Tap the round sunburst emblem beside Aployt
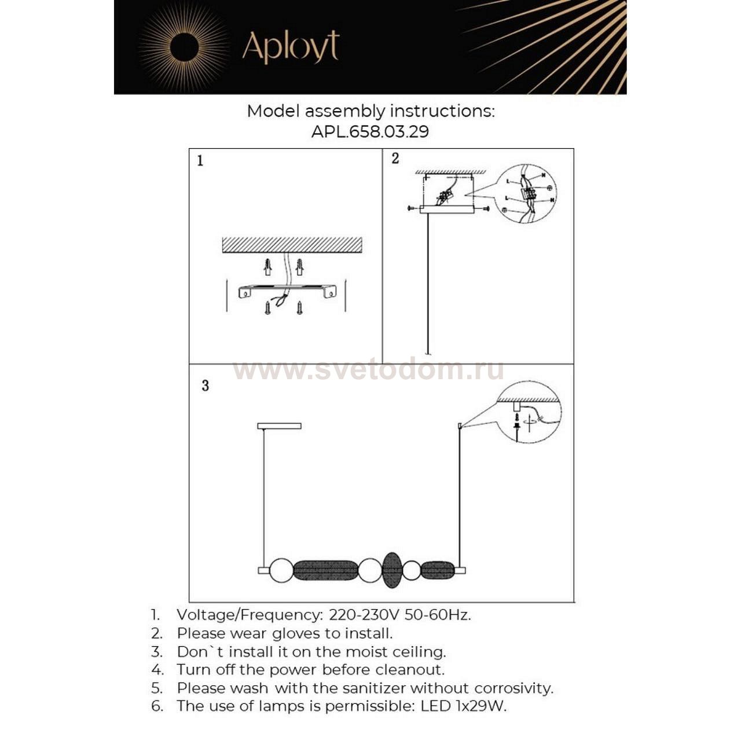184,46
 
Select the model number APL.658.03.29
370,131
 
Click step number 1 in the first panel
200,160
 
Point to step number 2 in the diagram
395,159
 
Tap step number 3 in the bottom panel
205,386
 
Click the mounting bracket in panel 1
287,291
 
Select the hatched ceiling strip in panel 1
292,245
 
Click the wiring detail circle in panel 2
526,193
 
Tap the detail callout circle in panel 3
528,412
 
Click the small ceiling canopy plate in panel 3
279,426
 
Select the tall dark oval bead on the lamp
392,570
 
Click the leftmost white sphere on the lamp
281,570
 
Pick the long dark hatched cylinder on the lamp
325,570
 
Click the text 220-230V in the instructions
365,615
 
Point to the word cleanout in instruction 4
410,670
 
